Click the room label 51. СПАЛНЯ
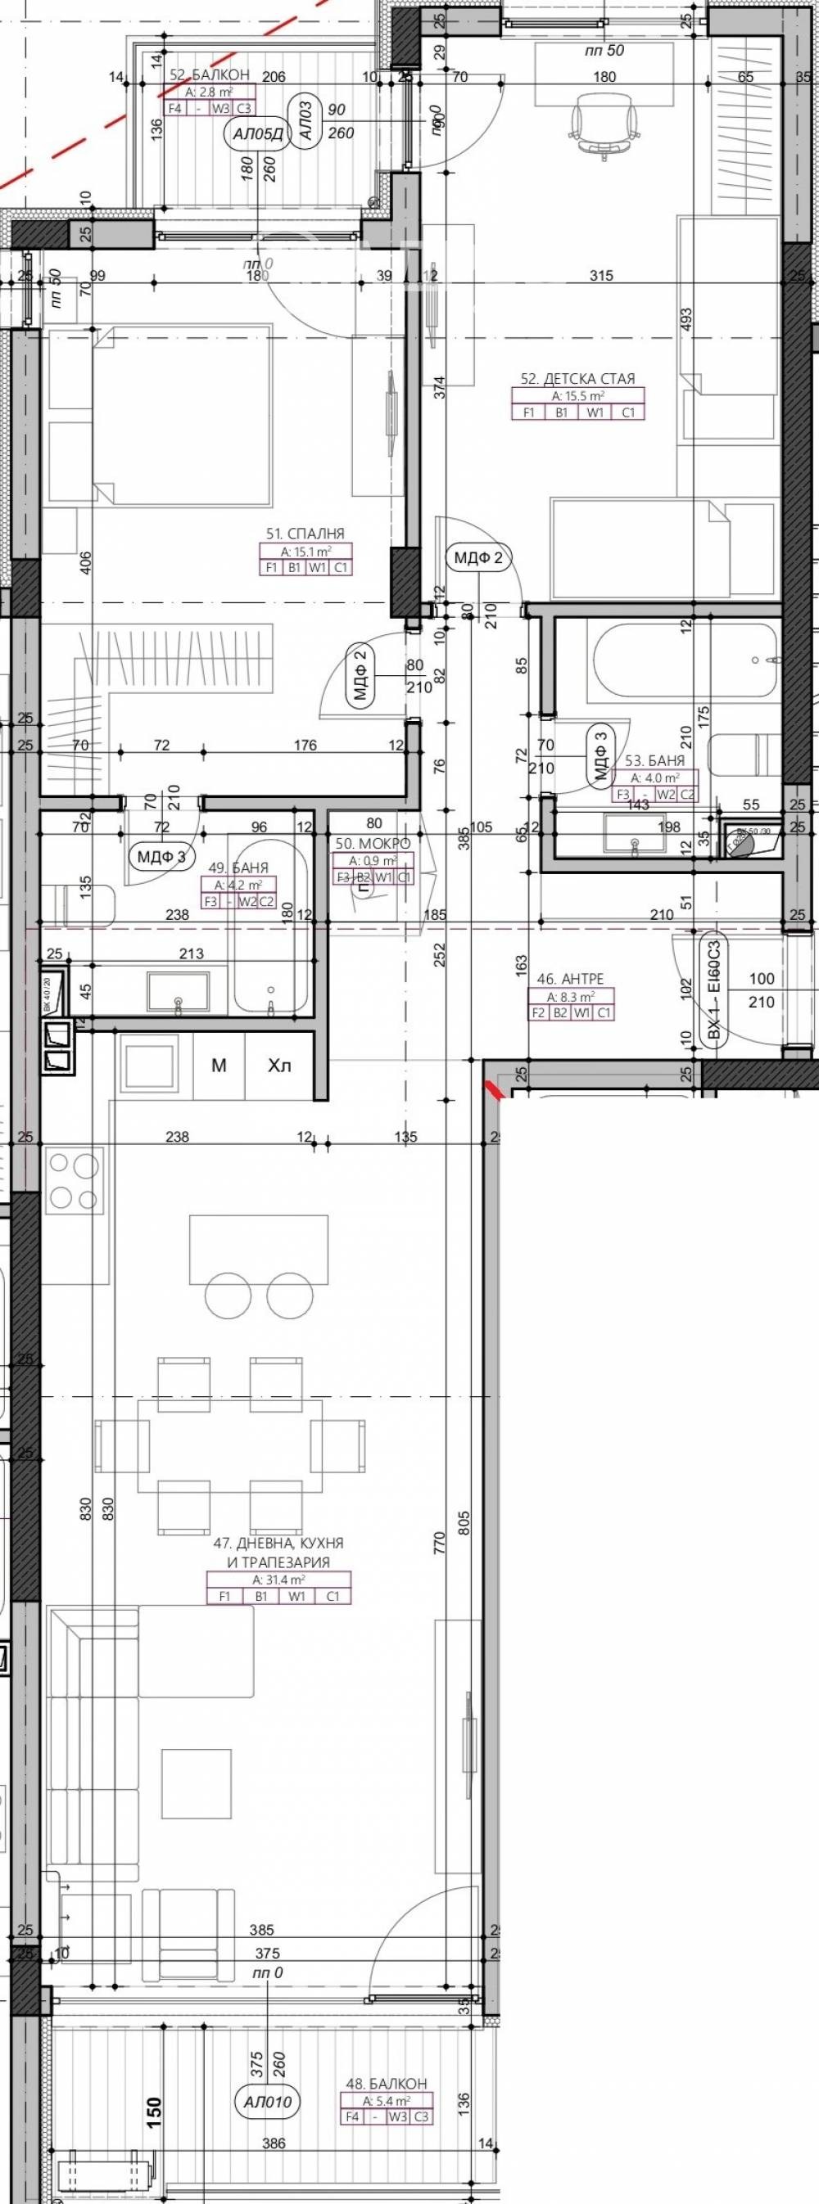pyautogui.click(x=305, y=534)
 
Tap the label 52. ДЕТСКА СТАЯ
pyautogui.click(x=577, y=378)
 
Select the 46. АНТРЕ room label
pyautogui.click(x=582, y=979)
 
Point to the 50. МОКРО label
pyautogui.click(x=373, y=845)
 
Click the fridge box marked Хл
pyautogui.click(x=280, y=1066)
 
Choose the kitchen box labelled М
pyautogui.click(x=219, y=1066)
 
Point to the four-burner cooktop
pyautogui.click(x=74, y=1181)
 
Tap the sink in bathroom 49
pyautogui.click(x=178, y=992)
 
